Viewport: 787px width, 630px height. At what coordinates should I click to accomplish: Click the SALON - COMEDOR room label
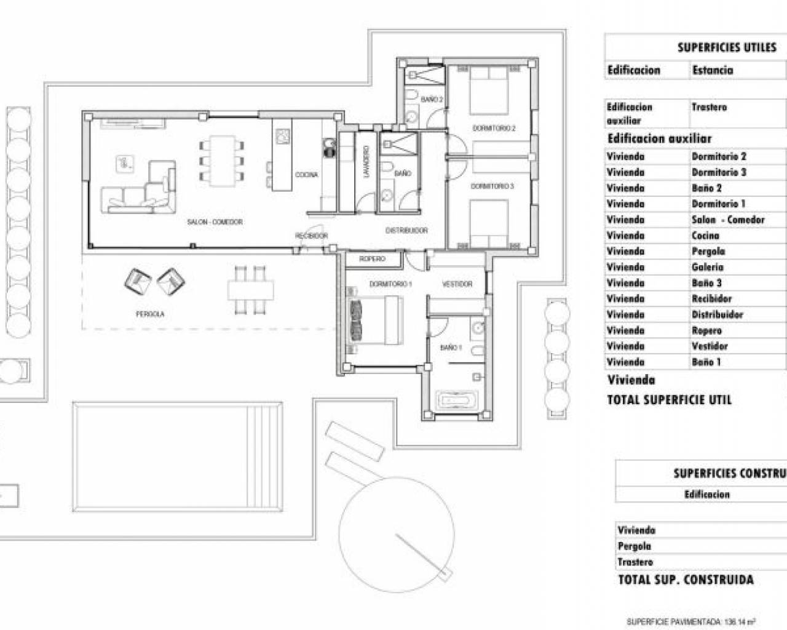pos(215,221)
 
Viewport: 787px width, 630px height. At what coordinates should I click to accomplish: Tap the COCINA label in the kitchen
pos(306,175)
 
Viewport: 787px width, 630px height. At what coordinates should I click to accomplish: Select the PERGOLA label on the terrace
pos(150,314)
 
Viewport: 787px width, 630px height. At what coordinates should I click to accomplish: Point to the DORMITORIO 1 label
pos(390,284)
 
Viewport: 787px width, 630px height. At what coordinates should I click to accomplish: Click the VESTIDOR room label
pos(457,284)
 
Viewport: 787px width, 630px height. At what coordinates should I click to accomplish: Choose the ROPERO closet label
pos(373,259)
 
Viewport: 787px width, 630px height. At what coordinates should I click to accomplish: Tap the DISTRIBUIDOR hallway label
pos(406,230)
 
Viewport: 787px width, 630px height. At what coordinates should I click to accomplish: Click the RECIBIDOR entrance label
pos(311,236)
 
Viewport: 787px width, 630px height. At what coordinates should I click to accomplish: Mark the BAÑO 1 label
pos(451,348)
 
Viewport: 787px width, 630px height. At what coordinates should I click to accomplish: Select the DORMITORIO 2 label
pos(494,128)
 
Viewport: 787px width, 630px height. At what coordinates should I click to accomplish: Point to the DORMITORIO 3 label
pos(492,186)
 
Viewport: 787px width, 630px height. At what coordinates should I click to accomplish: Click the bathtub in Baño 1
pos(456,401)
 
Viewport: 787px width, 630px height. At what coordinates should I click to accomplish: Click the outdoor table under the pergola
pos(251,289)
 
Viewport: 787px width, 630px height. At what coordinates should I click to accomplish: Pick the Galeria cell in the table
pos(708,267)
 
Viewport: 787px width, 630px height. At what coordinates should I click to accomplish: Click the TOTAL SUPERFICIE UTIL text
pos(670,400)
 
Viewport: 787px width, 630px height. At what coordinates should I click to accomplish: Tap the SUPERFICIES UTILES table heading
pos(727,47)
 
